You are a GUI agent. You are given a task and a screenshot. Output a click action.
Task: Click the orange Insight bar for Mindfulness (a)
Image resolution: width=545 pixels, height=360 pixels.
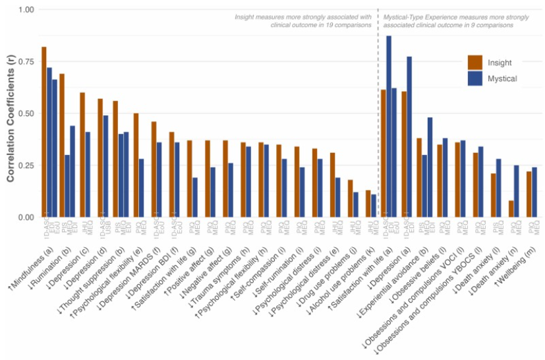click(x=44, y=132)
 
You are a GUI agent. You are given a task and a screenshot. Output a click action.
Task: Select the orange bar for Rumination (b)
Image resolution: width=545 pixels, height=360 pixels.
click(x=62, y=145)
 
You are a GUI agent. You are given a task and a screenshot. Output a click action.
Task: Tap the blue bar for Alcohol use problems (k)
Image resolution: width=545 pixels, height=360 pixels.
click(x=374, y=206)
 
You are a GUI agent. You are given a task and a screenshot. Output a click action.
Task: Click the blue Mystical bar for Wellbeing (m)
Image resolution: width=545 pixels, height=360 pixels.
click(x=534, y=192)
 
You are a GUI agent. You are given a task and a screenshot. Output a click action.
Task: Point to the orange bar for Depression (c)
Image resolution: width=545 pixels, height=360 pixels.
click(x=82, y=154)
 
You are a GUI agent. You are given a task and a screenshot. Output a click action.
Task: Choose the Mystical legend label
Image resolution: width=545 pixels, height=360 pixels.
click(x=502, y=79)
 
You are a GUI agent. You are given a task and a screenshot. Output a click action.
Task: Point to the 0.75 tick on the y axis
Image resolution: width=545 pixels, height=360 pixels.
click(x=25, y=61)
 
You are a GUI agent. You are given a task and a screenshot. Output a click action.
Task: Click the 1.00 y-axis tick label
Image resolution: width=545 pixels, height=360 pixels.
click(x=25, y=10)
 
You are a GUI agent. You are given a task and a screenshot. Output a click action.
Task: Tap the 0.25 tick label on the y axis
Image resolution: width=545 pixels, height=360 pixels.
click(x=25, y=165)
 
